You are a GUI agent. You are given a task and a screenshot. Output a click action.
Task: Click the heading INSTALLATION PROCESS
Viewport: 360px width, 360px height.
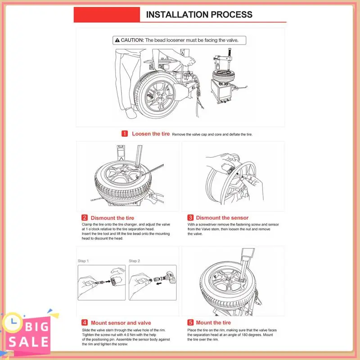coord(199,14)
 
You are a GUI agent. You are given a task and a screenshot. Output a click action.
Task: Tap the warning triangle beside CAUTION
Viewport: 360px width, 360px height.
coord(117,40)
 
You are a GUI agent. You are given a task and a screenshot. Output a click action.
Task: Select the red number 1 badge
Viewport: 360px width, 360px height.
coord(125,134)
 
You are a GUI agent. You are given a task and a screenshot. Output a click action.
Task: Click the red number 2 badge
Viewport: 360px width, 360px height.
coord(85,218)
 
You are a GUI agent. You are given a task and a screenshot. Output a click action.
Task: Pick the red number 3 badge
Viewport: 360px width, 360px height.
coord(190,217)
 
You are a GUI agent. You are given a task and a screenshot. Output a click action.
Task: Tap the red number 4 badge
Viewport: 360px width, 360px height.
coord(85,323)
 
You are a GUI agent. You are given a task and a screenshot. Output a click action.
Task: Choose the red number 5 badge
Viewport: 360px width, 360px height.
coord(190,322)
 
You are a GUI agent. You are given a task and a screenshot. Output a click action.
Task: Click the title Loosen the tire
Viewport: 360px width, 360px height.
coord(151,134)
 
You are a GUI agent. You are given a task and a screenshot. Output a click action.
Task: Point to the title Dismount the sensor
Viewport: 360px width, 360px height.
coord(222,218)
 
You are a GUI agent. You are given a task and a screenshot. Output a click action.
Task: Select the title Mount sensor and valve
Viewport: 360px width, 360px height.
coord(121,323)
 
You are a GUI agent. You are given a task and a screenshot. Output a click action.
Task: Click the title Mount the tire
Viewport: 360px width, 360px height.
coord(213,323)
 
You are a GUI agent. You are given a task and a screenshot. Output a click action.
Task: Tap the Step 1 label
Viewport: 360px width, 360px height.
coord(83,261)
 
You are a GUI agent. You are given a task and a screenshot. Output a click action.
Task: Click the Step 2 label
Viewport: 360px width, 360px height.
coord(134,261)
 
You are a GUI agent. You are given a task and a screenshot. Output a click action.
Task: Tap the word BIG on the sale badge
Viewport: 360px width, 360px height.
coord(37,327)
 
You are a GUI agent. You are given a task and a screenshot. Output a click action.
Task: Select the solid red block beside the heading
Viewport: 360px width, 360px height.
coord(107,15)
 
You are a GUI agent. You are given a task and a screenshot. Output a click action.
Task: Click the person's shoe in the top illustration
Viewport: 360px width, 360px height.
coord(131,113)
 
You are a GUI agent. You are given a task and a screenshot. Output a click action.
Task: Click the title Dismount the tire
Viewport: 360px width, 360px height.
coord(112,218)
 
